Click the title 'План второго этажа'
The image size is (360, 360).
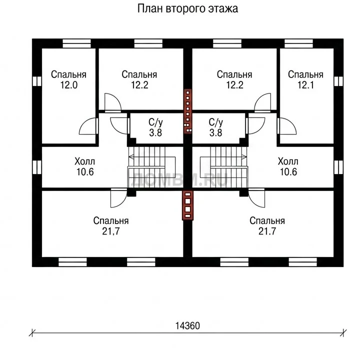click(187, 9)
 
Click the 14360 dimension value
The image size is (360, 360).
click(187, 325)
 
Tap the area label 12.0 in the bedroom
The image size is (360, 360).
click(68, 85)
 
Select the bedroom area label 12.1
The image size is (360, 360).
click(305, 85)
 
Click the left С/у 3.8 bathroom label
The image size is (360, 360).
click(155, 127)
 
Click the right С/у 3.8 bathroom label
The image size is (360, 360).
click(216, 127)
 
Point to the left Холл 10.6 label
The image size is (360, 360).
click(84, 166)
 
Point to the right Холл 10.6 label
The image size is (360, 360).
click(288, 166)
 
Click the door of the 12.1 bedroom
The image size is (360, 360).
click(286, 126)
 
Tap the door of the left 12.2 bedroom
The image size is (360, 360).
click(112, 102)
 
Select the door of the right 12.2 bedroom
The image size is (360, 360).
click(262, 102)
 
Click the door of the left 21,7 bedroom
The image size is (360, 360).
click(118, 198)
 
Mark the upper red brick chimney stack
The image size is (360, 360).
click(187, 111)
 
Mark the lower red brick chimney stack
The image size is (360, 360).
click(187, 205)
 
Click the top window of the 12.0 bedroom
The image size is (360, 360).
click(76, 43)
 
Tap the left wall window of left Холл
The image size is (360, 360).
click(36, 167)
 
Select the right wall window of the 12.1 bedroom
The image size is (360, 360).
click(338, 81)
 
